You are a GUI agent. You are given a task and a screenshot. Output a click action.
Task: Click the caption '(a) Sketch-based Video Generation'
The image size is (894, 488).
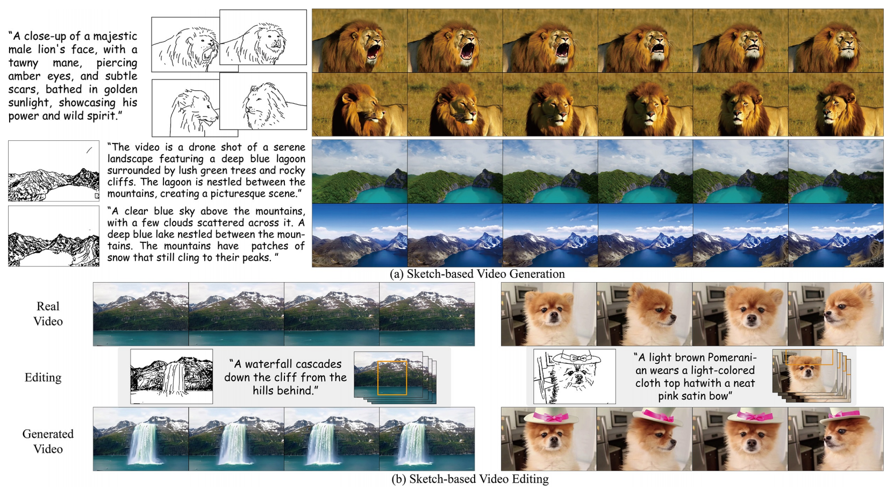pyautogui.click(x=477, y=274)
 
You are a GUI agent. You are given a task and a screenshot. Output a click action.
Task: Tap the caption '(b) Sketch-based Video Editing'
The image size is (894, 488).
pyautogui.click(x=470, y=479)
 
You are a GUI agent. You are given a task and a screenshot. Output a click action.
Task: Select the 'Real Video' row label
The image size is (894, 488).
pyautogui.click(x=48, y=314)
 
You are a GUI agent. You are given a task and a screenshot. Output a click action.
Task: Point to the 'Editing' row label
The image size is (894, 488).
pyautogui.click(x=43, y=377)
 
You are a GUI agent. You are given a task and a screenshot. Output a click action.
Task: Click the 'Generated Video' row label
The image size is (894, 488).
pyautogui.click(x=48, y=441)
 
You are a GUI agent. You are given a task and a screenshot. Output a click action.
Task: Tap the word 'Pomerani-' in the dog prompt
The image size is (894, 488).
pyautogui.click(x=728, y=357)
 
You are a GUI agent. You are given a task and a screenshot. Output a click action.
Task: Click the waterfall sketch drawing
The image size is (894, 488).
pyautogui.click(x=171, y=377)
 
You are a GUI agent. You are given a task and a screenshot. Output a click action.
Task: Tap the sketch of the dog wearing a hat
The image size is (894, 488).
pyautogui.click(x=575, y=377)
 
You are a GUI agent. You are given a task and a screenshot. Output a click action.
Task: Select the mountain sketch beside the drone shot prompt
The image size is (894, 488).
pyautogui.click(x=54, y=171)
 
